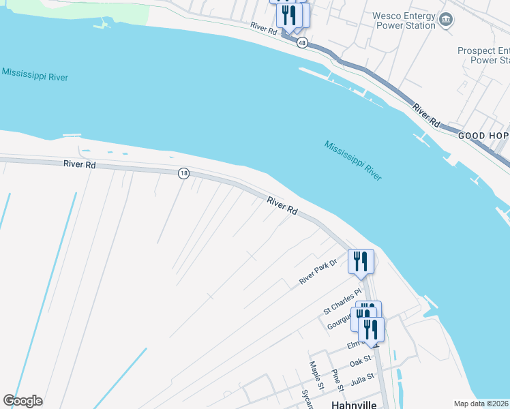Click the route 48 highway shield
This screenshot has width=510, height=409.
point(302,42)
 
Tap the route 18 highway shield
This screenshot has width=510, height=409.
point(183,173)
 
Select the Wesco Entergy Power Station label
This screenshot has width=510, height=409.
point(404,20)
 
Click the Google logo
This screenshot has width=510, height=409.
point(22,401)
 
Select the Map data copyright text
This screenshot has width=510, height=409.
point(481,404)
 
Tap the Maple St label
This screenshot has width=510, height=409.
point(314,372)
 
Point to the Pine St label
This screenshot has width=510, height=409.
point(336,380)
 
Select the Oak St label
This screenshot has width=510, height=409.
point(360,359)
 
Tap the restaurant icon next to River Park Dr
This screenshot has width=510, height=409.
point(361,261)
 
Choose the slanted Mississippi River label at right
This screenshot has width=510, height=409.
point(352,160)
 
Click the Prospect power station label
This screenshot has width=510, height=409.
point(483,55)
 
